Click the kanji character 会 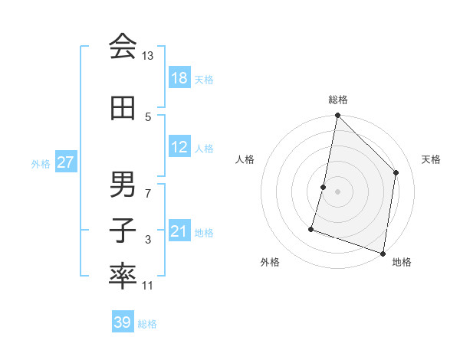123,47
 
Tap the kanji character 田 123,109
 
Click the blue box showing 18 179,78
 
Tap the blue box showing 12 179,147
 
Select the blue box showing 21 179,231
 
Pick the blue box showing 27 66,162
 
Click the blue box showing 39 123,323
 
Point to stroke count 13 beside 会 147,56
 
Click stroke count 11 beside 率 147,286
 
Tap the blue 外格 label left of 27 41,163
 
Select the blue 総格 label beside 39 147,324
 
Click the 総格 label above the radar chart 337,100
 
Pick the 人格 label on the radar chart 245,159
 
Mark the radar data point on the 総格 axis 337,116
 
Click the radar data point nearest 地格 383,253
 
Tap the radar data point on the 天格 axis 396,172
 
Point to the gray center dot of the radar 337,191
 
